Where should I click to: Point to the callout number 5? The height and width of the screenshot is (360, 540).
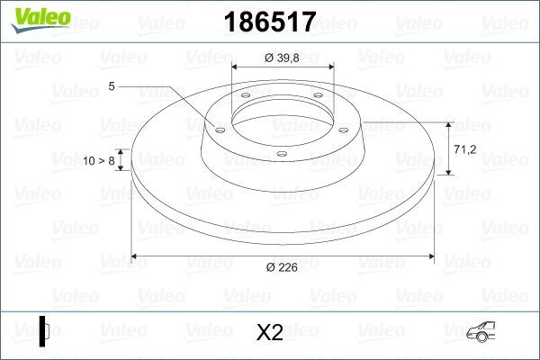point(112,86)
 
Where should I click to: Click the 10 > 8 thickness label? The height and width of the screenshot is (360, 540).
point(99,160)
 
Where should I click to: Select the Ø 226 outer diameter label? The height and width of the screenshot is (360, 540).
point(282,266)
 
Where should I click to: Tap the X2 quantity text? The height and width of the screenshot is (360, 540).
point(270,332)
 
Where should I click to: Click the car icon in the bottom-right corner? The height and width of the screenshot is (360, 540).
point(491,332)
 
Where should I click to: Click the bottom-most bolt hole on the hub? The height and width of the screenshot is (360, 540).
point(281,154)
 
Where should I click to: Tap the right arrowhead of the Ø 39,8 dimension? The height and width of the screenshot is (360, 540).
point(329,67)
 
